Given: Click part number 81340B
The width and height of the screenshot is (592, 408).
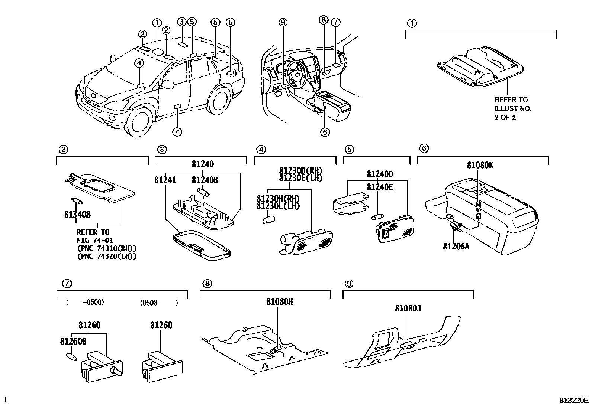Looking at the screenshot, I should [x=77, y=214].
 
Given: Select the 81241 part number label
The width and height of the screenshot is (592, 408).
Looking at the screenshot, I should [x=165, y=180].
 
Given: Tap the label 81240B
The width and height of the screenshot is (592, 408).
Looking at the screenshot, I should [x=205, y=180].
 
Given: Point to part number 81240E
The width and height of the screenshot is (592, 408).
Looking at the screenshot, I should [x=380, y=187].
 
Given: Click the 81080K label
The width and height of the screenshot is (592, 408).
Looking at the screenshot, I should [x=480, y=166].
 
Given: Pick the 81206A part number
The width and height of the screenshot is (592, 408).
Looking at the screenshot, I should [x=456, y=246].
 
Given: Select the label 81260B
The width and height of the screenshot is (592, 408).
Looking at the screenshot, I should [x=73, y=341].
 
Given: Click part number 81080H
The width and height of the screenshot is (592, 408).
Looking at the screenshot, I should [x=279, y=302].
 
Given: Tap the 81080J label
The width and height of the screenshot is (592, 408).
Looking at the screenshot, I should [x=408, y=308].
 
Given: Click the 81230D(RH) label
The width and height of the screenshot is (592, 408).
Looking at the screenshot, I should [x=301, y=170].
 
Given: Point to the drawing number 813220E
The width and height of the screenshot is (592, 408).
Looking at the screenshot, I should [x=574, y=400].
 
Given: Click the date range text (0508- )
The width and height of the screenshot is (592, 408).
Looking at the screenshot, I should [x=159, y=303].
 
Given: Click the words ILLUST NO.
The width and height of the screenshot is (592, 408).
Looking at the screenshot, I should [x=513, y=108].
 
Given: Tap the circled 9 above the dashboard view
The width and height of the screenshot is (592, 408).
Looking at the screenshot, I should [x=283, y=23].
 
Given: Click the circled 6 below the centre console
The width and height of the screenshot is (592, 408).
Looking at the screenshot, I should [x=325, y=132].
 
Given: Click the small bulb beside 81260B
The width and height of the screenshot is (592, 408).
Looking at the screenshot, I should [x=71, y=357].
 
